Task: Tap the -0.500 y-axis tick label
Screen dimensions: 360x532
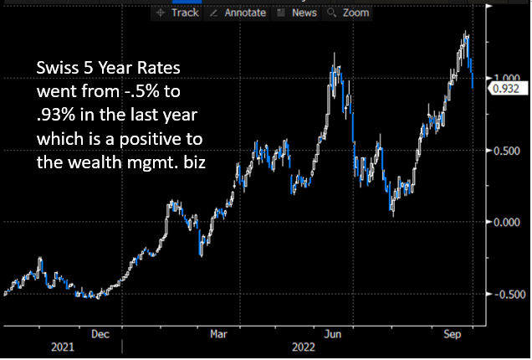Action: click(508, 294)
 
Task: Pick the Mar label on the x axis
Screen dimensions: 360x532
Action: click(218, 332)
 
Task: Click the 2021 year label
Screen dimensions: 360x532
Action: click(62, 346)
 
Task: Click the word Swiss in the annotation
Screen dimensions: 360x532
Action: click(56, 69)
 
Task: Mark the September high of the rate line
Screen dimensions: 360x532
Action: click(466, 34)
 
